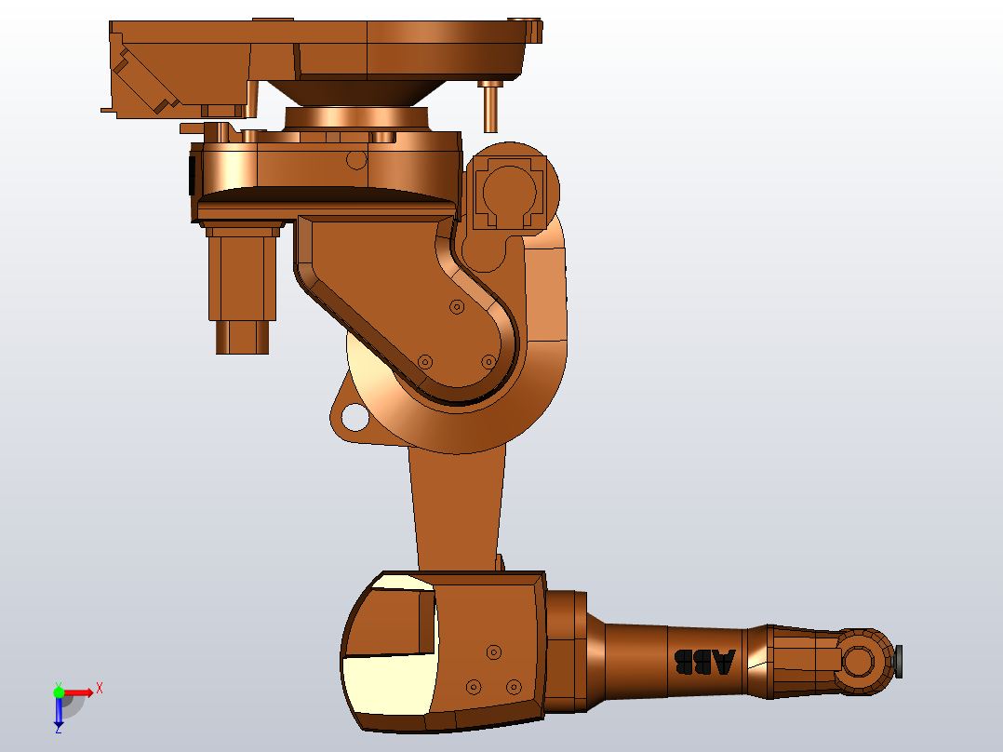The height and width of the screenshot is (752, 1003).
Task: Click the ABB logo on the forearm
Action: [x=703, y=662]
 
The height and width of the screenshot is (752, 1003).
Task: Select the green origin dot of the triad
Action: [x=59, y=692]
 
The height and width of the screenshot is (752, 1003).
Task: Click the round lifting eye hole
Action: [x=354, y=417]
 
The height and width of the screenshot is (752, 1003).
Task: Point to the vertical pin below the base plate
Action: [x=489, y=107]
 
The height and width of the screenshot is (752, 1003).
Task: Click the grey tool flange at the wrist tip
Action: [x=900, y=662]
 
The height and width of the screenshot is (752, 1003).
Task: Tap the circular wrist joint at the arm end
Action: [x=859, y=662]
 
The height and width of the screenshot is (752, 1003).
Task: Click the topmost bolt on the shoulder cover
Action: [x=456, y=306]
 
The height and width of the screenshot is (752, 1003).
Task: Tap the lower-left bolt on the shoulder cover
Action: [x=425, y=361]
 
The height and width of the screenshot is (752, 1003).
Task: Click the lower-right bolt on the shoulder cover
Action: [x=488, y=361]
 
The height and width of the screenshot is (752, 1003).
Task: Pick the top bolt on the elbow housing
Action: [x=494, y=651]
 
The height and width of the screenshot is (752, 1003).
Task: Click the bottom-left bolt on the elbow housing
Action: [x=474, y=687]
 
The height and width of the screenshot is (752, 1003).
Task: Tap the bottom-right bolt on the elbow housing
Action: [x=513, y=687]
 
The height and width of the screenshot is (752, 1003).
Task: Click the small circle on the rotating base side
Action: [x=355, y=159]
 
